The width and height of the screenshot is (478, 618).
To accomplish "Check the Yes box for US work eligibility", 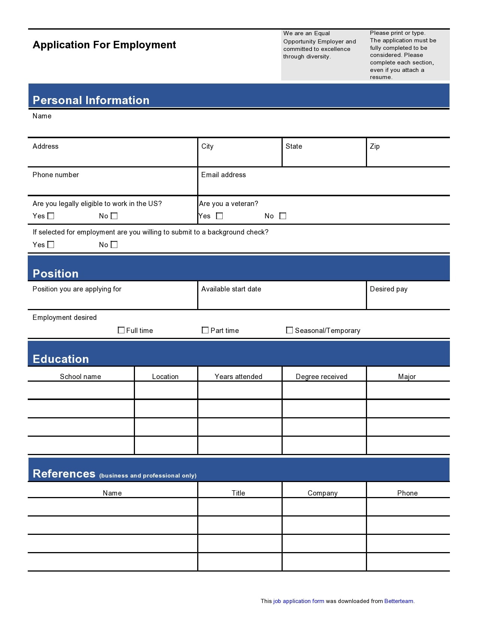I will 51,216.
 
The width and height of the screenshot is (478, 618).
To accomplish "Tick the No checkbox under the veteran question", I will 283,216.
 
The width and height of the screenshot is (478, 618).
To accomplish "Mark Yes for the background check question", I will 51,245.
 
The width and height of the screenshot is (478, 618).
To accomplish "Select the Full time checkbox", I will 121,330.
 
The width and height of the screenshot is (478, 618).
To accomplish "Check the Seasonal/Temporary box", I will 289,330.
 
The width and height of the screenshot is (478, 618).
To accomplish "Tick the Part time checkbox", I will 205,330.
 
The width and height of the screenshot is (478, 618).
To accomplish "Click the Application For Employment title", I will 104,45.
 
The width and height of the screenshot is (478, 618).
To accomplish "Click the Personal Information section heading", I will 91,100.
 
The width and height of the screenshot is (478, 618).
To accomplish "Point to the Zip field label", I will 375,146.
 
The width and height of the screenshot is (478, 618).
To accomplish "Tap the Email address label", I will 223,175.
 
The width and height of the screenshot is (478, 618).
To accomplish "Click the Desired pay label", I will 388,289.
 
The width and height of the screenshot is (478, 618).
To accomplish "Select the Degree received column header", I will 321,376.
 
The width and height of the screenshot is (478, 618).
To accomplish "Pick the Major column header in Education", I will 407,376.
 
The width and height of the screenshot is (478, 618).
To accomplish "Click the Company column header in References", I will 322,493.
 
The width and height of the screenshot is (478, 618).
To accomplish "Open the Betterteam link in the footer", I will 399,601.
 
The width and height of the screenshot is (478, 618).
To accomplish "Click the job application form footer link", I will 298,601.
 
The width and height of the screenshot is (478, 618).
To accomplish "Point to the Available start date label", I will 231,289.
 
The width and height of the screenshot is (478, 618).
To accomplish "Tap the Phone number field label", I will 55,175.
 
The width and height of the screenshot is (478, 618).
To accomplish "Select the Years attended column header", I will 238,376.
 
